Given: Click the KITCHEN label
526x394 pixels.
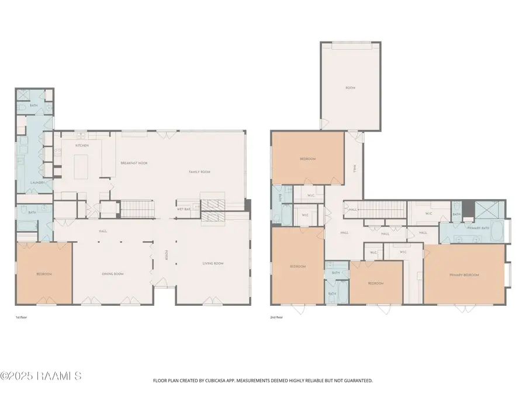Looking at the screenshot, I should (81, 145).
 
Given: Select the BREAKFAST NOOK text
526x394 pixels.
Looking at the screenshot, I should (134, 163).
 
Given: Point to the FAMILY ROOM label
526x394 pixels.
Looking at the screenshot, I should (199, 172).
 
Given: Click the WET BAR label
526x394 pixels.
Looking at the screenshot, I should (184, 208).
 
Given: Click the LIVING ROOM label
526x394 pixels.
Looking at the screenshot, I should (213, 263).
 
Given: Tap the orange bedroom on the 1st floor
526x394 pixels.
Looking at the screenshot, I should (44, 273).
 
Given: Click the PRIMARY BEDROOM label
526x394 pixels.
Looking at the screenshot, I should (464, 274).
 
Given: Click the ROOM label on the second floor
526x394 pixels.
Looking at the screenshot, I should (350, 88).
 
